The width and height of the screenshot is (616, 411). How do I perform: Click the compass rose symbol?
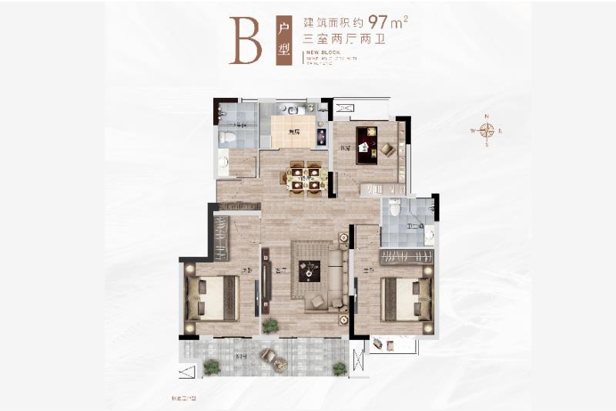487,130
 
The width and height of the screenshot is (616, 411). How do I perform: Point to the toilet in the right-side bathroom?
394,207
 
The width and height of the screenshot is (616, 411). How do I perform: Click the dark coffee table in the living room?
310,271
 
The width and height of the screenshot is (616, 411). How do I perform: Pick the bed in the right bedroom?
404,297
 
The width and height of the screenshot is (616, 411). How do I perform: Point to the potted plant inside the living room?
269,325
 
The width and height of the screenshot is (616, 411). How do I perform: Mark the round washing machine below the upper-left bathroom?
223,162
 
